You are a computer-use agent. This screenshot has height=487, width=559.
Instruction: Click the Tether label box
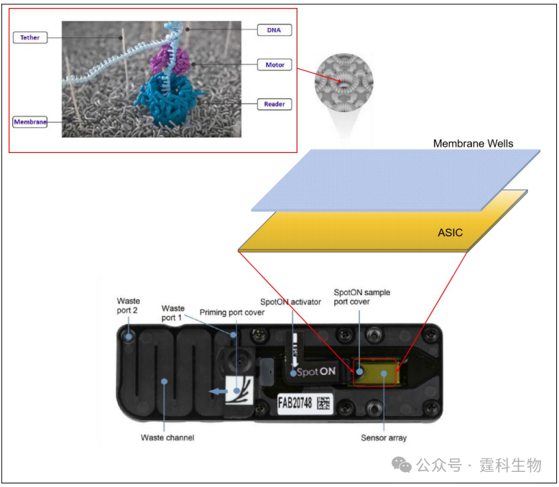pyautogui.click(x=30, y=37)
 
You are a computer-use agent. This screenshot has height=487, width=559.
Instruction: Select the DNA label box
pyautogui.click(x=273, y=30)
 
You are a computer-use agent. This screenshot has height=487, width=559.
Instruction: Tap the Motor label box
pyautogui.click(x=274, y=65)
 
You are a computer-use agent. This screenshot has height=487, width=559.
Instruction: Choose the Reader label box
pyautogui.click(x=274, y=104)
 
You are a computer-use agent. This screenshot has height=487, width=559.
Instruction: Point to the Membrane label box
pyautogui.click(x=30, y=121)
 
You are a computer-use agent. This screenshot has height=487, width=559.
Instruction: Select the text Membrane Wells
pyautogui.click(x=473, y=144)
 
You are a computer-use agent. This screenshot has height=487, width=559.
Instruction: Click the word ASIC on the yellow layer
pyautogui.click(x=451, y=233)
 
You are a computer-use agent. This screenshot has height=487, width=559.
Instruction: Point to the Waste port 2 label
pyautogui.click(x=129, y=305)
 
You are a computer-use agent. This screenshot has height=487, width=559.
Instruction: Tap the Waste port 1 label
pyautogui.click(x=173, y=312)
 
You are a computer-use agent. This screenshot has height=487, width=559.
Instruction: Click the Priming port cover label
pyautogui.click(x=232, y=312)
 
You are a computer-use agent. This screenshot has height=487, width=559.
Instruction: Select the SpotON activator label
pyautogui.click(x=290, y=302)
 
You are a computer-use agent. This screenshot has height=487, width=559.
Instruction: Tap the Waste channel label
pyautogui.click(x=168, y=437)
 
